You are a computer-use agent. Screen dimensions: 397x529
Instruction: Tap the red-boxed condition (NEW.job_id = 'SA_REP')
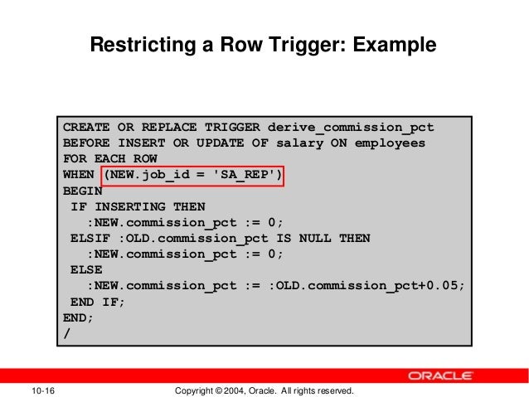(x=192, y=176)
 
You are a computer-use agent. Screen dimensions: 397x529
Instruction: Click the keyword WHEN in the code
(x=79, y=176)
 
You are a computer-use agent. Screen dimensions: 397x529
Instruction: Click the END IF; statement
(x=99, y=302)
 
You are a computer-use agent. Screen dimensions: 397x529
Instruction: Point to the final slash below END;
(x=67, y=333)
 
